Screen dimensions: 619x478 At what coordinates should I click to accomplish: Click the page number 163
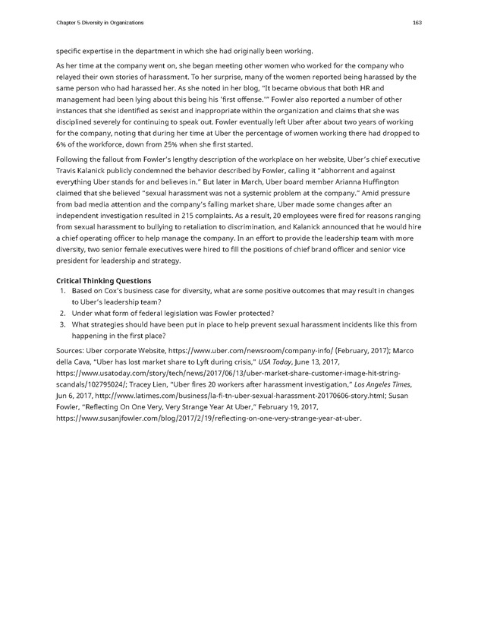coord(417,23)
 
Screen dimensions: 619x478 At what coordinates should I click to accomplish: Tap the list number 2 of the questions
coord(61,313)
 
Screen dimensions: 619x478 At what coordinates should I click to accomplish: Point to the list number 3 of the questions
coord(61,324)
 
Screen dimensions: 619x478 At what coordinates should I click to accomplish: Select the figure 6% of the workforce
coord(61,144)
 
